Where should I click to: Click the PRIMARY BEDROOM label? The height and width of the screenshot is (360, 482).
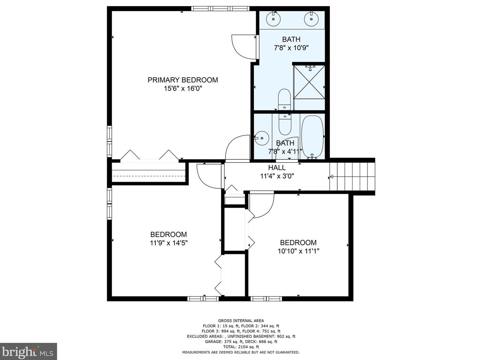click(183, 80)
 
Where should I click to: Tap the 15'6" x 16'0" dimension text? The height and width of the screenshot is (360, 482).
click(183, 88)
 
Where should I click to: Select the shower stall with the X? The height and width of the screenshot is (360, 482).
click(309, 82)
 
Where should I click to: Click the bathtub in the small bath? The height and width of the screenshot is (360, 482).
click(312, 136)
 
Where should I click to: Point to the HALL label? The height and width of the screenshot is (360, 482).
click(277, 168)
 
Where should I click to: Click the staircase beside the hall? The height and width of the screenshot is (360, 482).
click(352, 177)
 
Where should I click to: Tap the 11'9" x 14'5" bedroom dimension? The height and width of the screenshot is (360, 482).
click(169, 243)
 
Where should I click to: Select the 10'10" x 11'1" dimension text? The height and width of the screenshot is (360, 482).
click(298, 251)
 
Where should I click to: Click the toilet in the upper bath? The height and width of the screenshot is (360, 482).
click(284, 99)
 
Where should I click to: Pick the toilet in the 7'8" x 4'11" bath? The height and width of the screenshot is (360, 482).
click(285, 125)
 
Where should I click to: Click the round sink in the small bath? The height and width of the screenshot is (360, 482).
click(262, 138)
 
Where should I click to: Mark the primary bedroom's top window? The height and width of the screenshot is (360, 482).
click(220, 8)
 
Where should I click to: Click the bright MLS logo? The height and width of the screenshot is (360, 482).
click(28, 352)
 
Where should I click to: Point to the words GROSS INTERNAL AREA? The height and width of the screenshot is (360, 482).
click(241, 321)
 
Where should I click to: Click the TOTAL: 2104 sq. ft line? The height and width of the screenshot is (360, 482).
click(241, 346)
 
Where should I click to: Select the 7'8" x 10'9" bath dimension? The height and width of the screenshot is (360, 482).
click(291, 48)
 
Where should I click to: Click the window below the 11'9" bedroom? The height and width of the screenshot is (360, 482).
click(203, 299)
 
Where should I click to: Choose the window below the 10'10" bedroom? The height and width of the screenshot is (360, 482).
click(266, 299)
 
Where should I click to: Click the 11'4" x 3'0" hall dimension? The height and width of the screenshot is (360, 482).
click(277, 176)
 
